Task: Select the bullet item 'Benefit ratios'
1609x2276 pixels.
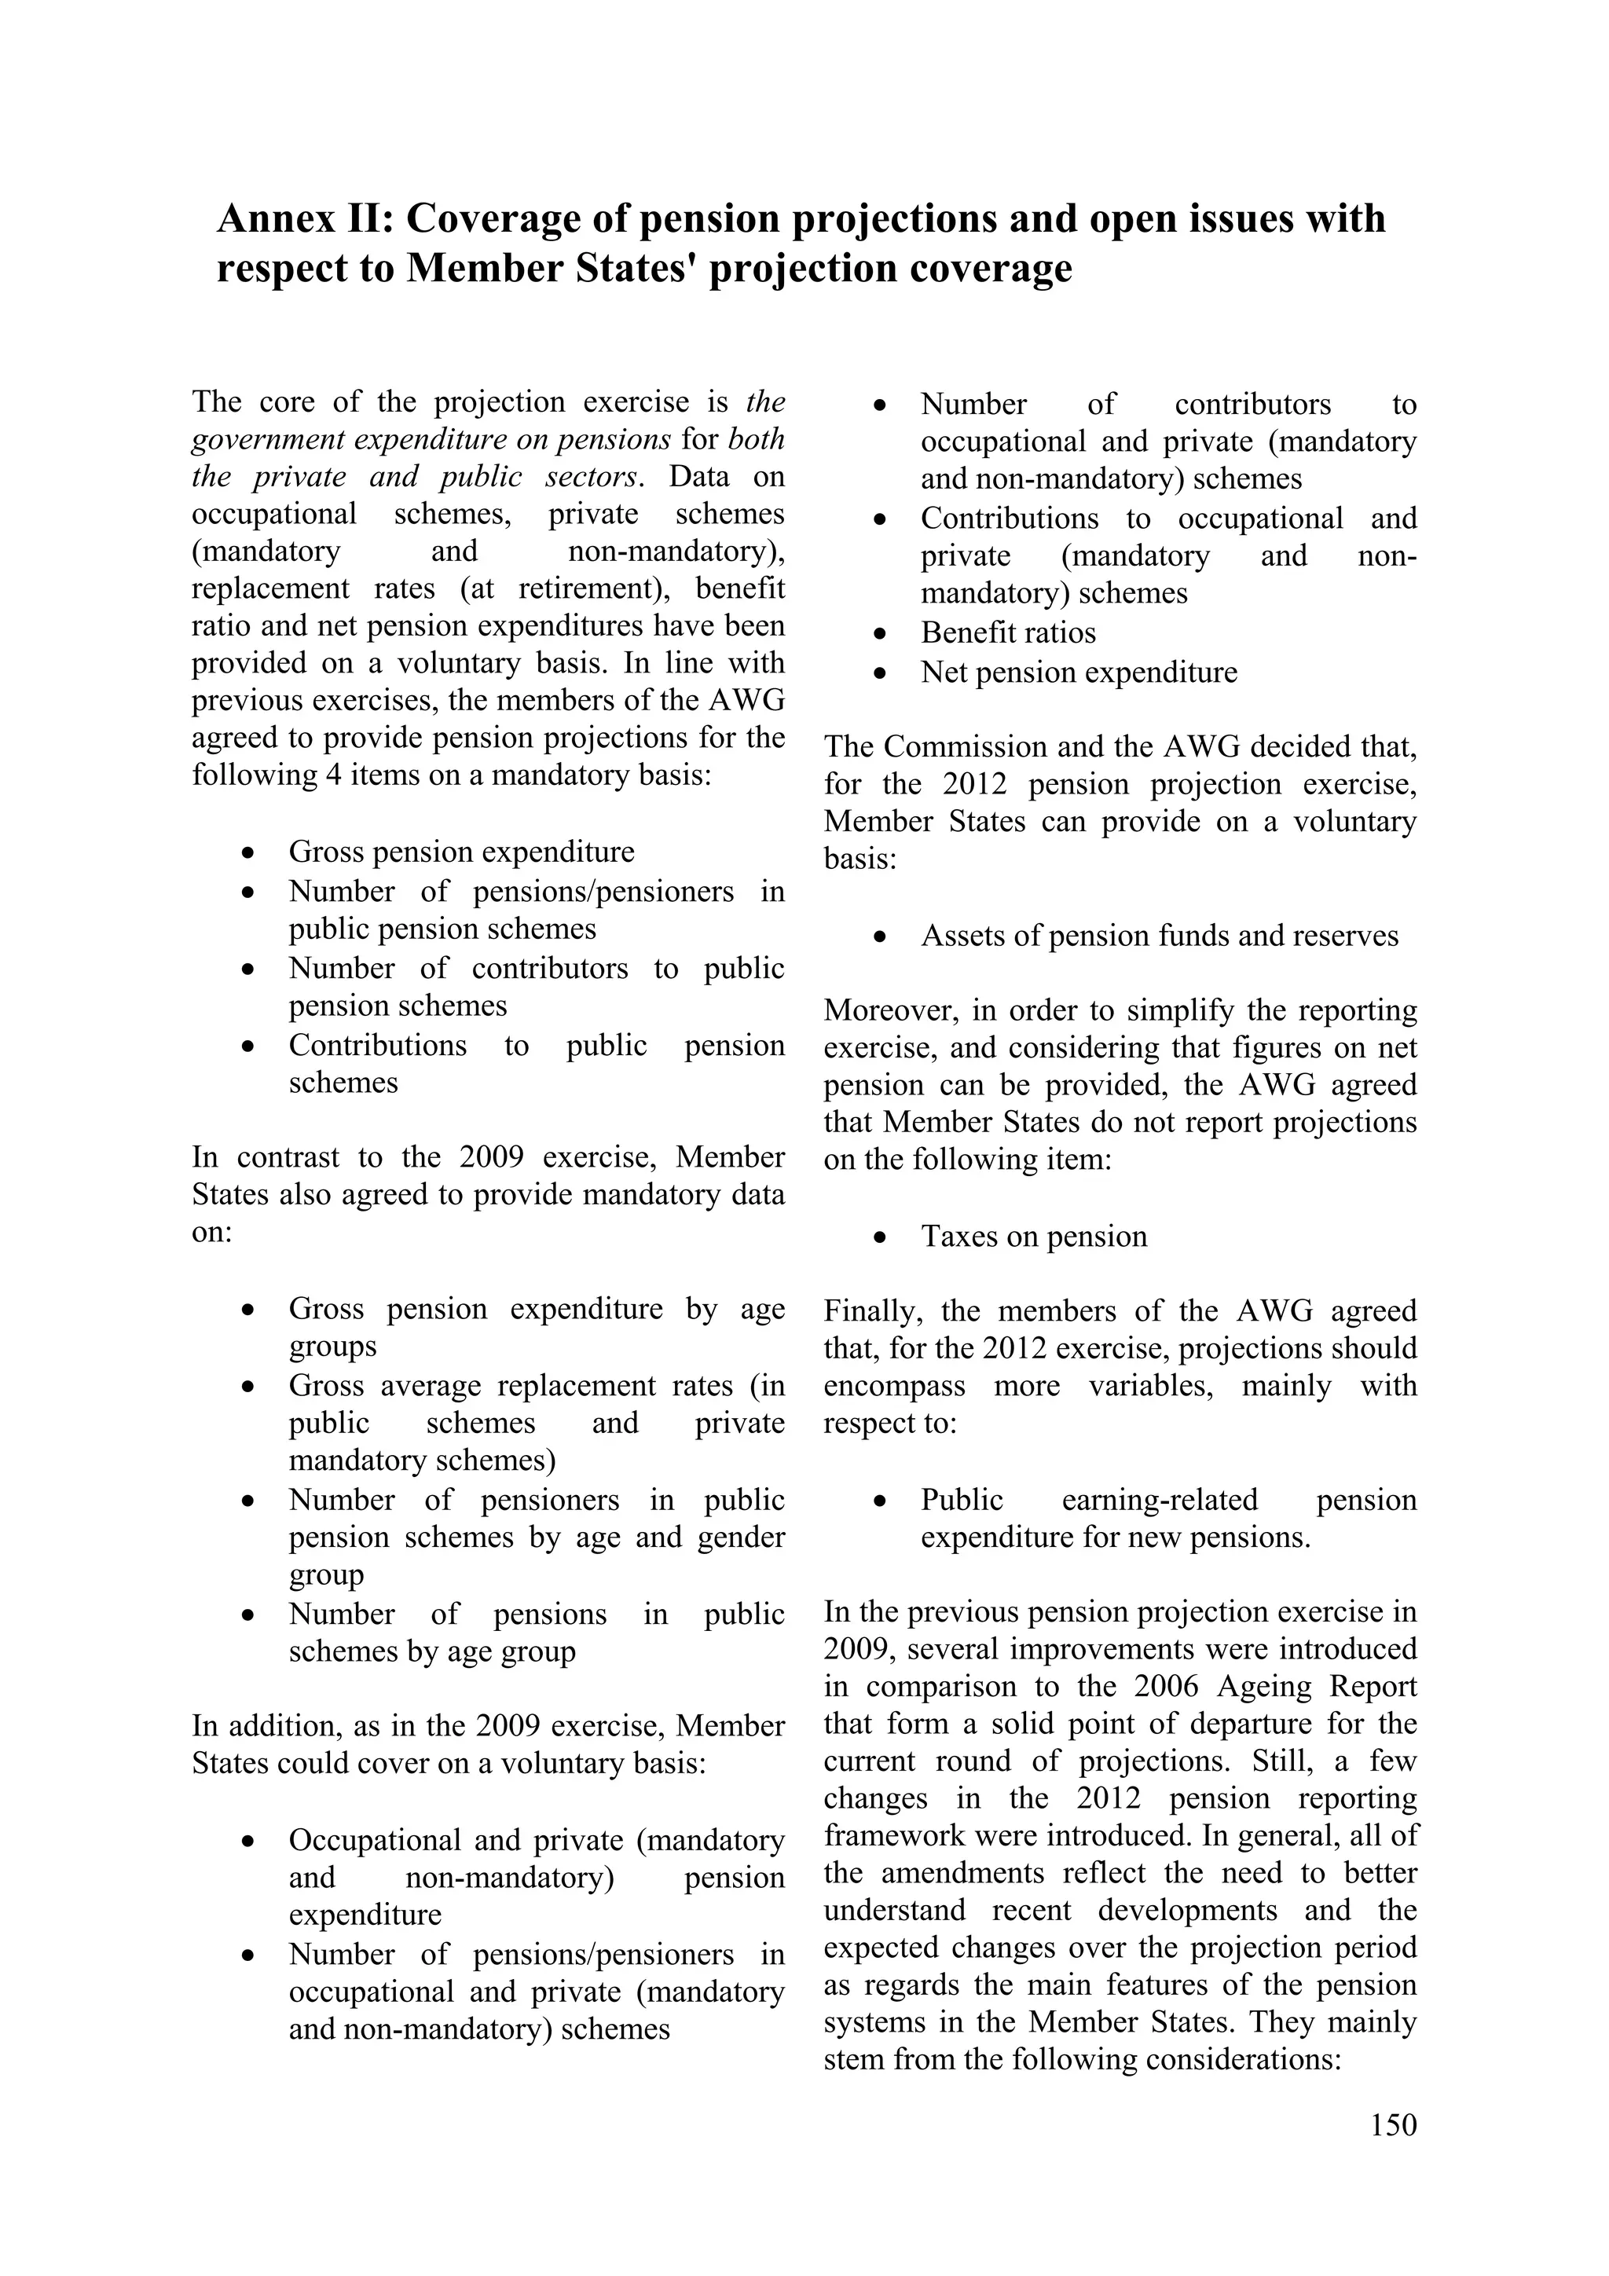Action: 1008,632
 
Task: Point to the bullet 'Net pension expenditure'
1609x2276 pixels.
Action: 1079,672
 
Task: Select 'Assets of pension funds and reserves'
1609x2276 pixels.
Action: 1159,936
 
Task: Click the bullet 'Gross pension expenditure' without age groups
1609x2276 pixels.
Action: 461,852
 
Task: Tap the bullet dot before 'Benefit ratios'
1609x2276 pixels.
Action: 879,633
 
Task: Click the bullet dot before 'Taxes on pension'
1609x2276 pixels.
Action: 879,1237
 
